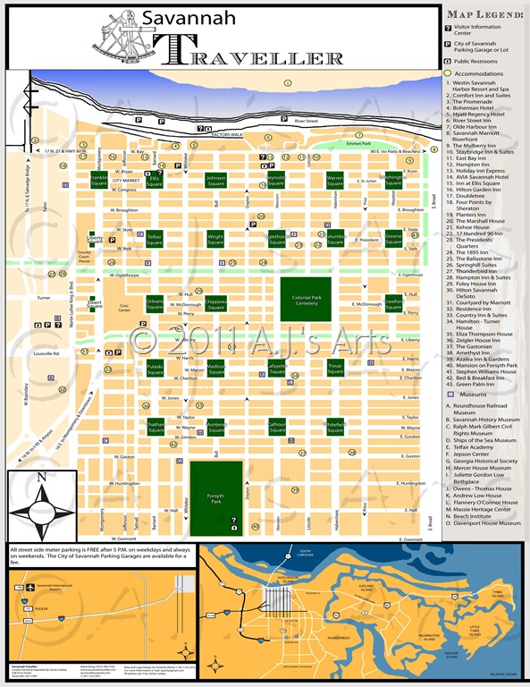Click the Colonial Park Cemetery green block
pos(306,298)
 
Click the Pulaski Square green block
pos(130,368)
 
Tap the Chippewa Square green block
pos(215,304)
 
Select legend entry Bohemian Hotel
pos(480,106)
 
